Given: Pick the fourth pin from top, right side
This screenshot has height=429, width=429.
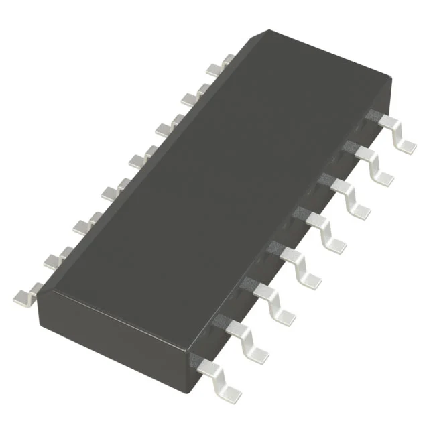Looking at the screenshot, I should tap(326, 228).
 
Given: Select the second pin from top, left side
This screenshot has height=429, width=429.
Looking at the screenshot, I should tap(192, 96).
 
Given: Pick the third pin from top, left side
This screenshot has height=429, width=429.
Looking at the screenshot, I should tap(167, 126).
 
